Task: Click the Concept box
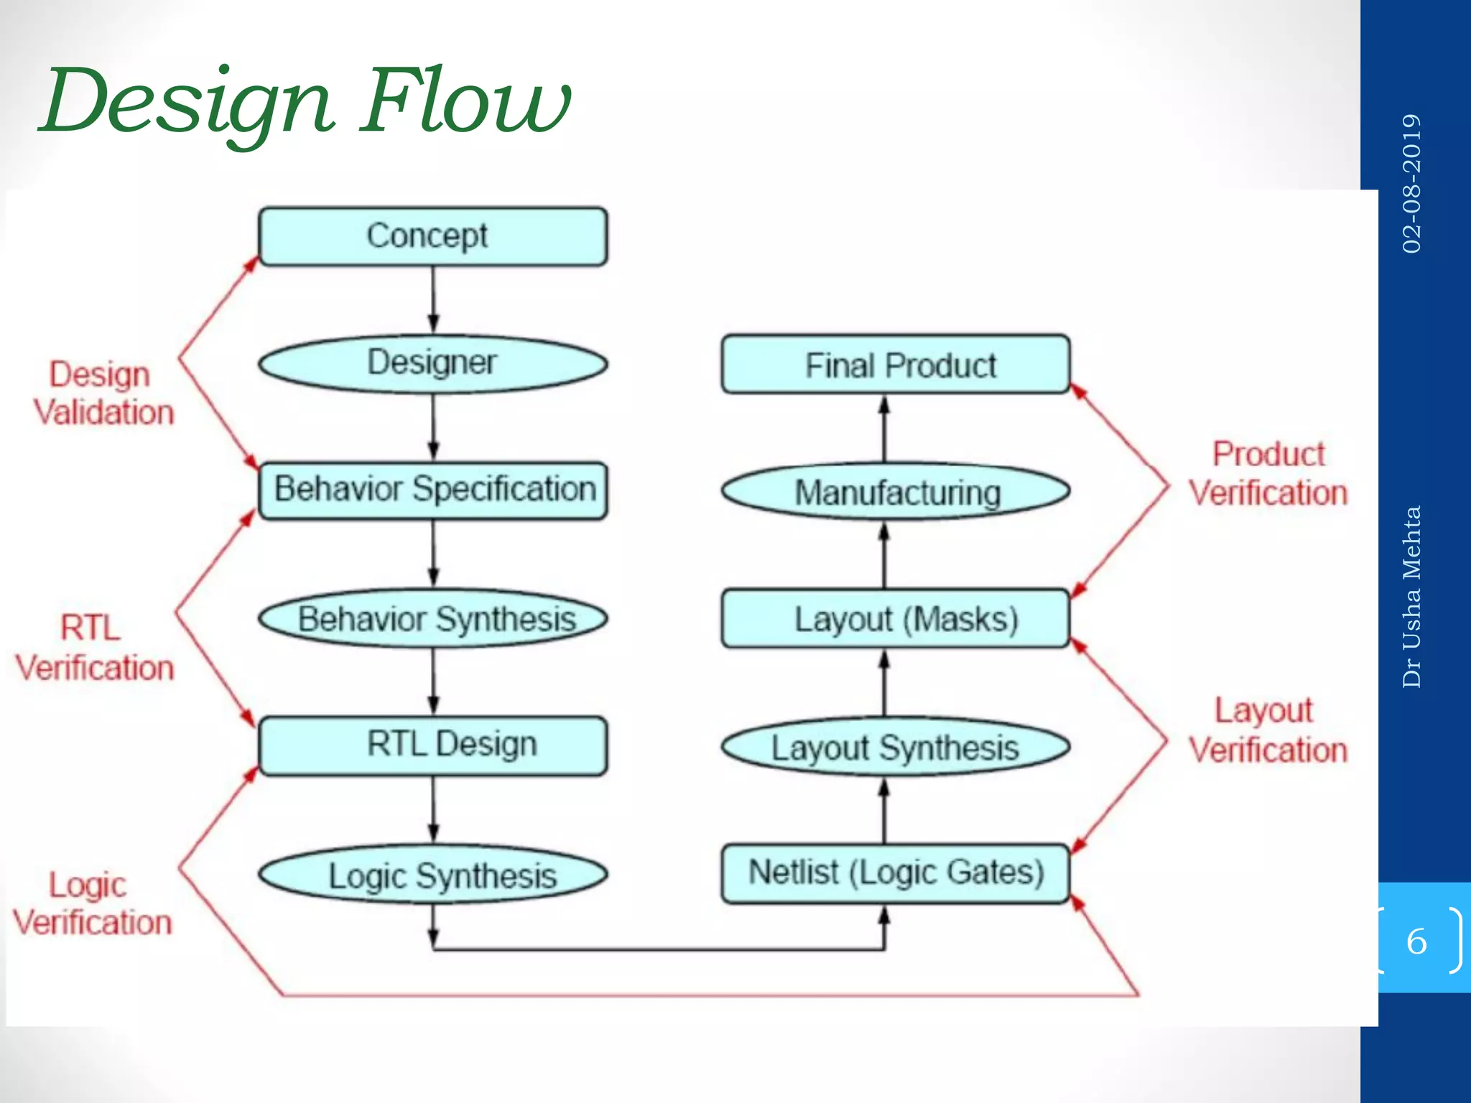click(x=432, y=236)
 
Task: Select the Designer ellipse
click(x=432, y=363)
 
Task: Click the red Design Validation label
click(x=102, y=394)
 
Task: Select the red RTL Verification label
click(x=95, y=648)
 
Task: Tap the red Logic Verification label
click(x=92, y=903)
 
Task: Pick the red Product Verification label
click(x=1268, y=474)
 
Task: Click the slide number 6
click(x=1416, y=941)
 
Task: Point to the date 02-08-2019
click(x=1411, y=183)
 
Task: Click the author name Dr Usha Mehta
click(x=1411, y=596)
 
